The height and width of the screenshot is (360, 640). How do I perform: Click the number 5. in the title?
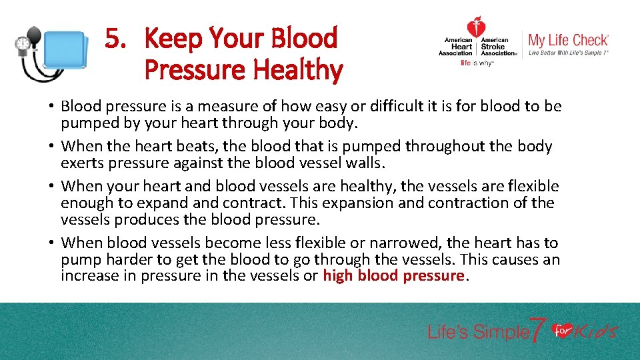(115, 40)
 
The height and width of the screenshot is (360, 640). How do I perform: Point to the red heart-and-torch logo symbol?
(475, 28)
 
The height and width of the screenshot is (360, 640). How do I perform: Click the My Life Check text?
(568, 40)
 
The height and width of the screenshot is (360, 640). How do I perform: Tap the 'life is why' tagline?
(476, 64)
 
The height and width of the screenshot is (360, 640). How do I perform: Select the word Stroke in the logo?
(494, 47)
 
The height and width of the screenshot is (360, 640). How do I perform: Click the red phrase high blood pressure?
(393, 276)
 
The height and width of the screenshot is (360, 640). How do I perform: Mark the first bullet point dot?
(51, 107)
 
